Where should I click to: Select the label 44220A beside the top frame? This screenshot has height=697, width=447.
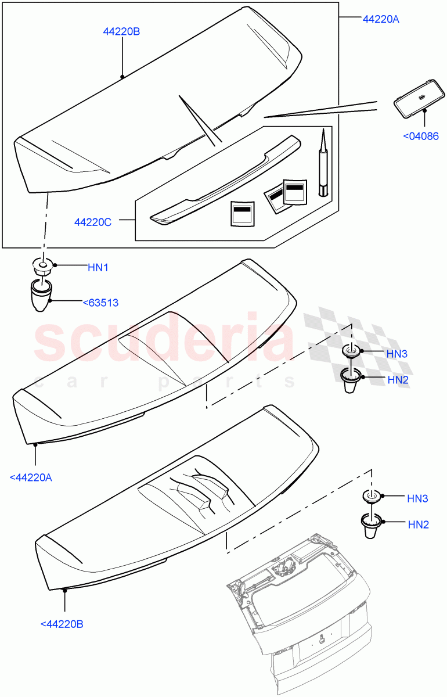pos(381,19)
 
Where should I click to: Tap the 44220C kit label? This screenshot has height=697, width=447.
pos(93,222)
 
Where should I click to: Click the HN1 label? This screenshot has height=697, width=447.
pos(98,267)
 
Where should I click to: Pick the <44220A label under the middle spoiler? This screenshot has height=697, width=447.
pos(31,477)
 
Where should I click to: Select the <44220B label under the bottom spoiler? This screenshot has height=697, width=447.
pos(62,624)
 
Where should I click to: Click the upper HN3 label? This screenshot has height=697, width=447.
pos(398,353)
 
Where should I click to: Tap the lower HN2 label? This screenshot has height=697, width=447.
pos(418,524)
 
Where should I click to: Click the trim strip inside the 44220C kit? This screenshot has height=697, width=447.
pos(226,180)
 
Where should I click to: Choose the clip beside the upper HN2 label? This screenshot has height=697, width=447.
pos(349,379)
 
